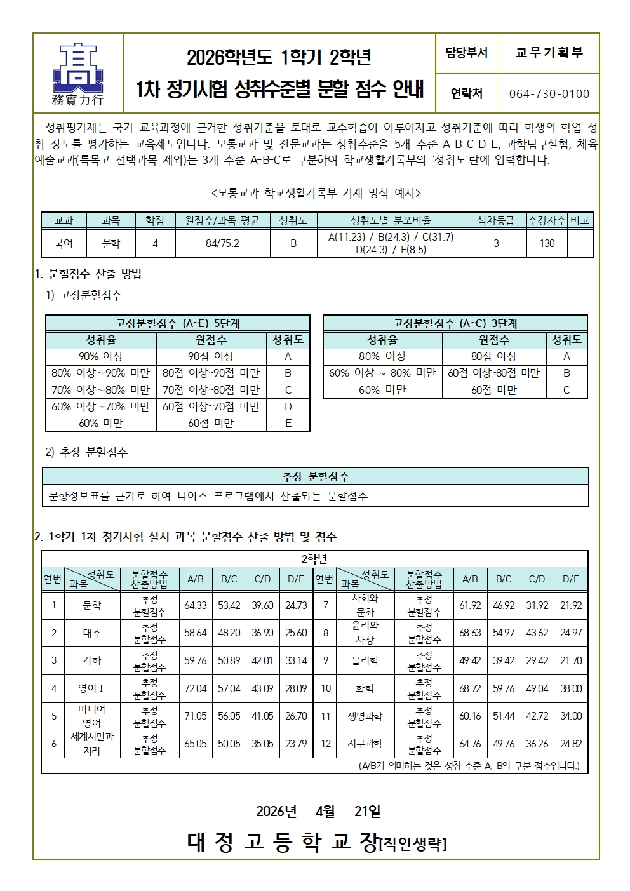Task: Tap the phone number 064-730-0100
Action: pos(549,94)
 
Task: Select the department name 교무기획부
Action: pos(549,53)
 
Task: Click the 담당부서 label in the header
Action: pos(467,53)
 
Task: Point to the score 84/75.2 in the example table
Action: pos(222,243)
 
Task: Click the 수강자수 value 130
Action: pos(547,243)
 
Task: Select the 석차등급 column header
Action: pos(495,220)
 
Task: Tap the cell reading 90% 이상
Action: pos(101,357)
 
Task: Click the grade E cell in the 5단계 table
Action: pos(288,423)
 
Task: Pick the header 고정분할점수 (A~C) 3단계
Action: pos(455,323)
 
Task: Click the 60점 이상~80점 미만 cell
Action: pos(494,373)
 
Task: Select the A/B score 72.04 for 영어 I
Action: pos(196,688)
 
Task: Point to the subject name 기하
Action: pos(92,660)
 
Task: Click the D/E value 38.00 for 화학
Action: pos(571,688)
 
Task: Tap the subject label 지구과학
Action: pos(365,744)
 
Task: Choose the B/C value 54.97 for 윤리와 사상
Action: pos(504,633)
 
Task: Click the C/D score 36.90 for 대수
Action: pos(262,633)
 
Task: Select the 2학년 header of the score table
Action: pos(314,559)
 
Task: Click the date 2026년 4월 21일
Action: pos(318,811)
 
